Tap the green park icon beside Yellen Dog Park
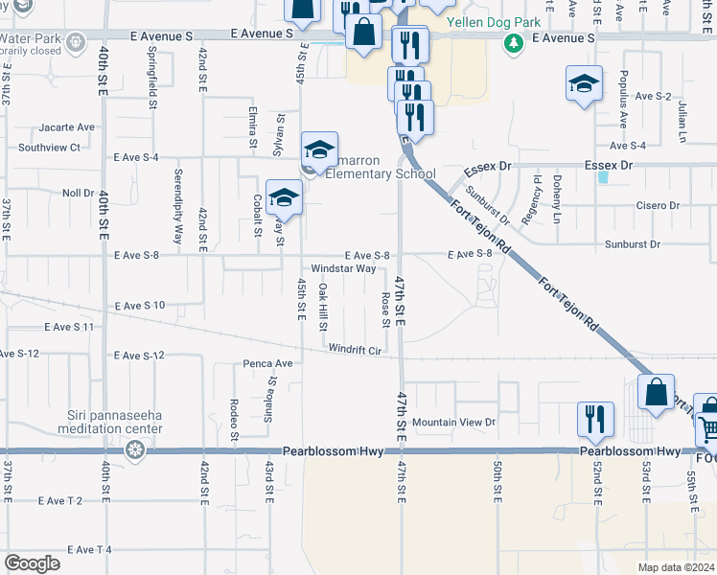[515, 42]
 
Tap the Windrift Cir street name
[355, 350]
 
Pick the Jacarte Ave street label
[67, 127]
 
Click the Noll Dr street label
[77, 193]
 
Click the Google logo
[32, 563]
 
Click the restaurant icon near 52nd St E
[595, 419]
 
